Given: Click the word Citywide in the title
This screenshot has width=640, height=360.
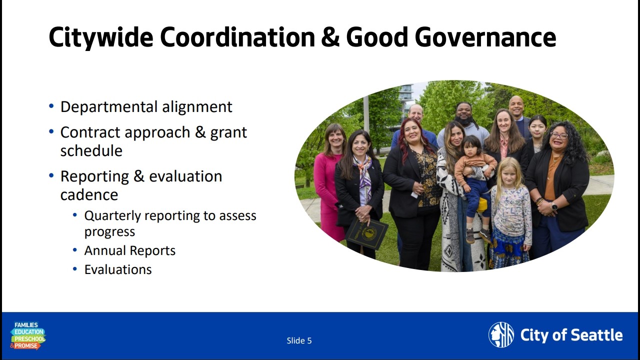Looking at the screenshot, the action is (x=101, y=37).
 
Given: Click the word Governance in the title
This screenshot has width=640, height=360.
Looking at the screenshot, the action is (x=485, y=37).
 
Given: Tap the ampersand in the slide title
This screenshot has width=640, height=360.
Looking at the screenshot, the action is (x=330, y=37).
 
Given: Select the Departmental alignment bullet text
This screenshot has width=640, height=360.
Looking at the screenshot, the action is (x=146, y=107).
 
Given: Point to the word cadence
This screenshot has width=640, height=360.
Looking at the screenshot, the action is (x=89, y=195).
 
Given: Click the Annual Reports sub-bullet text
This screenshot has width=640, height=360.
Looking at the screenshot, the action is (x=130, y=250).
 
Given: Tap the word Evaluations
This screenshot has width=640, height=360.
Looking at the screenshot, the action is (x=118, y=269).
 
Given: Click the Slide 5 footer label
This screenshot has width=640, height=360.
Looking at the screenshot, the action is (x=299, y=340).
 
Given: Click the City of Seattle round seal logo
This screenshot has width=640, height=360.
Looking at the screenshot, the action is (x=501, y=334).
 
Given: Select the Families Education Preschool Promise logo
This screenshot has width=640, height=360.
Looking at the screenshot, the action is (x=27, y=336).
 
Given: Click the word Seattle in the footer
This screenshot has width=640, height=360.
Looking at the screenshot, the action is (x=597, y=335).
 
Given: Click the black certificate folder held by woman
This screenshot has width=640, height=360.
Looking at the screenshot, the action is (x=366, y=233).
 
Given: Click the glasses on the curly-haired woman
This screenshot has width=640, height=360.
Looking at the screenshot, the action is (x=559, y=135).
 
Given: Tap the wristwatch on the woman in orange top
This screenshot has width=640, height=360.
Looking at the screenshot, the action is (x=554, y=206).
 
